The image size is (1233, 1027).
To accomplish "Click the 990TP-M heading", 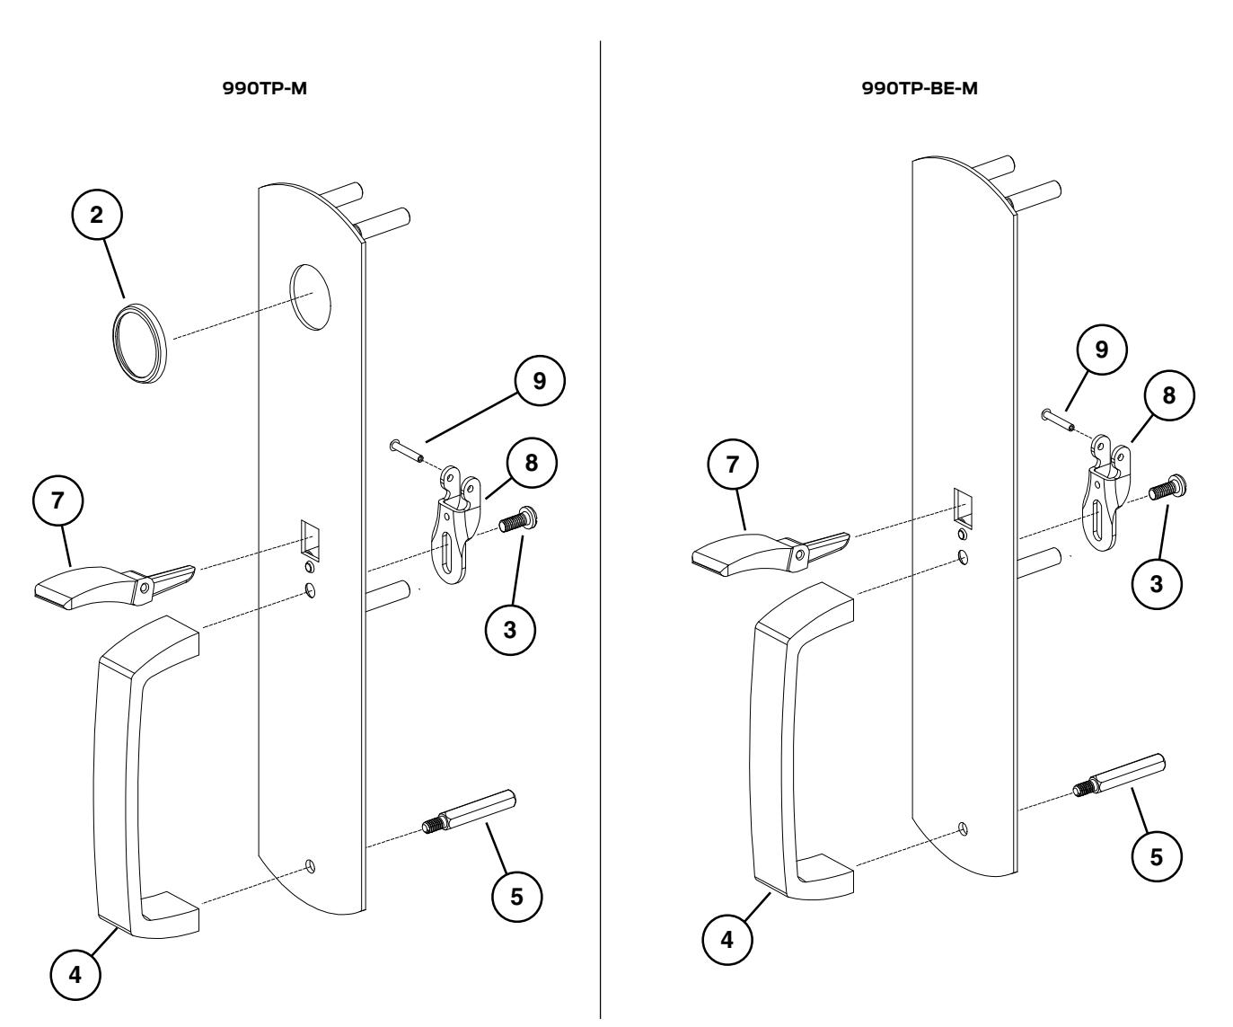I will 269,93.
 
